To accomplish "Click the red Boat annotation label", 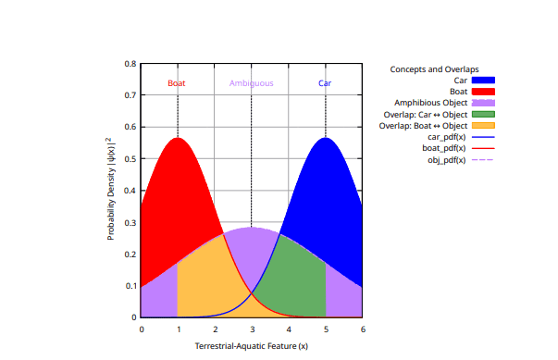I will pos(177,83).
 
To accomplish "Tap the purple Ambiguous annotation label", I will pos(251,83).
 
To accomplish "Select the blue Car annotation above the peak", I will pos(325,83).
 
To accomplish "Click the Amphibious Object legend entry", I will pos(430,103).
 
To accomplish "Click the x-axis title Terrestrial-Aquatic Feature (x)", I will pos(251,346).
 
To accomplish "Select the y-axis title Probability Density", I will pos(111,190).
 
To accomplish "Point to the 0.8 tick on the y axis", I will pos(130,64).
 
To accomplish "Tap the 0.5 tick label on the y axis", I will pos(130,159).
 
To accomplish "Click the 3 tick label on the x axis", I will pos(252,329).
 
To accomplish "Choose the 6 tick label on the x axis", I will pos(362,329).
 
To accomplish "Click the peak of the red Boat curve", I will pos(178,139).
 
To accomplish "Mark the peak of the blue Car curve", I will pos(325,139).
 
